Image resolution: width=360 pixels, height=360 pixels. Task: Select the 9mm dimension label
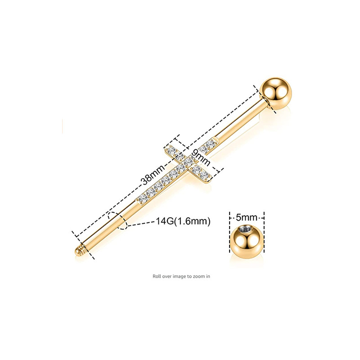[198, 156]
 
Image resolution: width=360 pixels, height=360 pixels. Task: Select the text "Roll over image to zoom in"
[181, 276]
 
